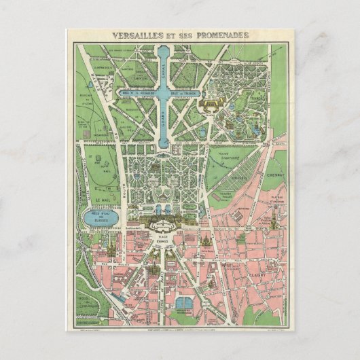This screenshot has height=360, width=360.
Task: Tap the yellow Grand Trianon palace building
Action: point(210,106)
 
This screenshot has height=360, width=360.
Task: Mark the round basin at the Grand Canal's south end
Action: point(166,146)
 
